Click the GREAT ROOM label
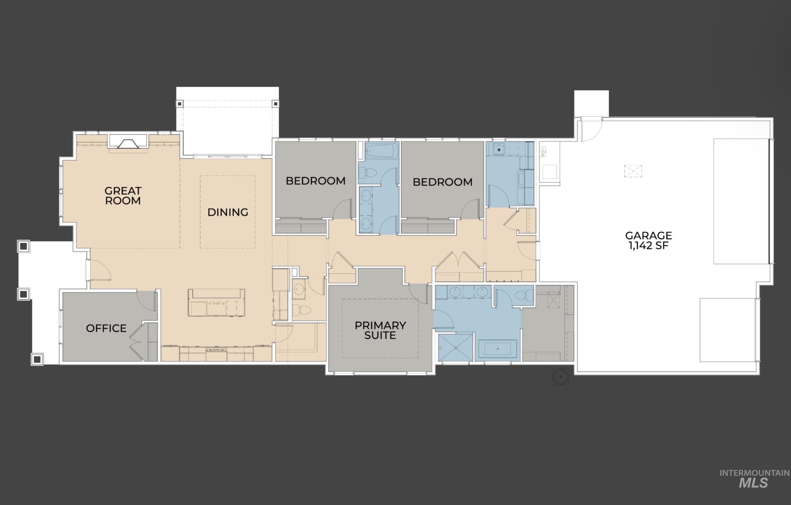123,196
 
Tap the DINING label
228,212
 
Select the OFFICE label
106,328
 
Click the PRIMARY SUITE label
380,330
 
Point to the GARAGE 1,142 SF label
648,241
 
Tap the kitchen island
216,303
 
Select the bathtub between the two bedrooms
381,151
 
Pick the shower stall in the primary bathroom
455,348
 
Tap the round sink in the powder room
299,289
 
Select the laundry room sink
499,150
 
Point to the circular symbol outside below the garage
561,376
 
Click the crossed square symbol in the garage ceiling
633,171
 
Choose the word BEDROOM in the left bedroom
315,181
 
